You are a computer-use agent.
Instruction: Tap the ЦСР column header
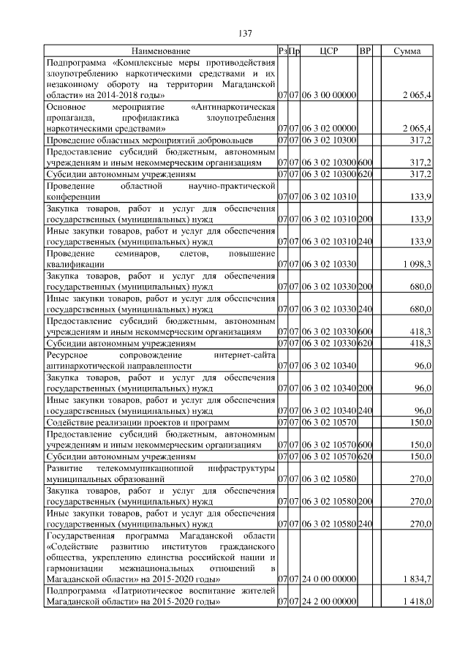click(328, 51)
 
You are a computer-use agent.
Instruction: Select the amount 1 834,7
click(418, 579)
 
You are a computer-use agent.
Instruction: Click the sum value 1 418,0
click(418, 601)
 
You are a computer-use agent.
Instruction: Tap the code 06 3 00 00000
click(328, 96)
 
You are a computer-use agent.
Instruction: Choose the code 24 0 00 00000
click(328, 579)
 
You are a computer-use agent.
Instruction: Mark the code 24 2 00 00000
click(328, 601)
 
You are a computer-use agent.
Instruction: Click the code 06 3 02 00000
click(328, 128)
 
